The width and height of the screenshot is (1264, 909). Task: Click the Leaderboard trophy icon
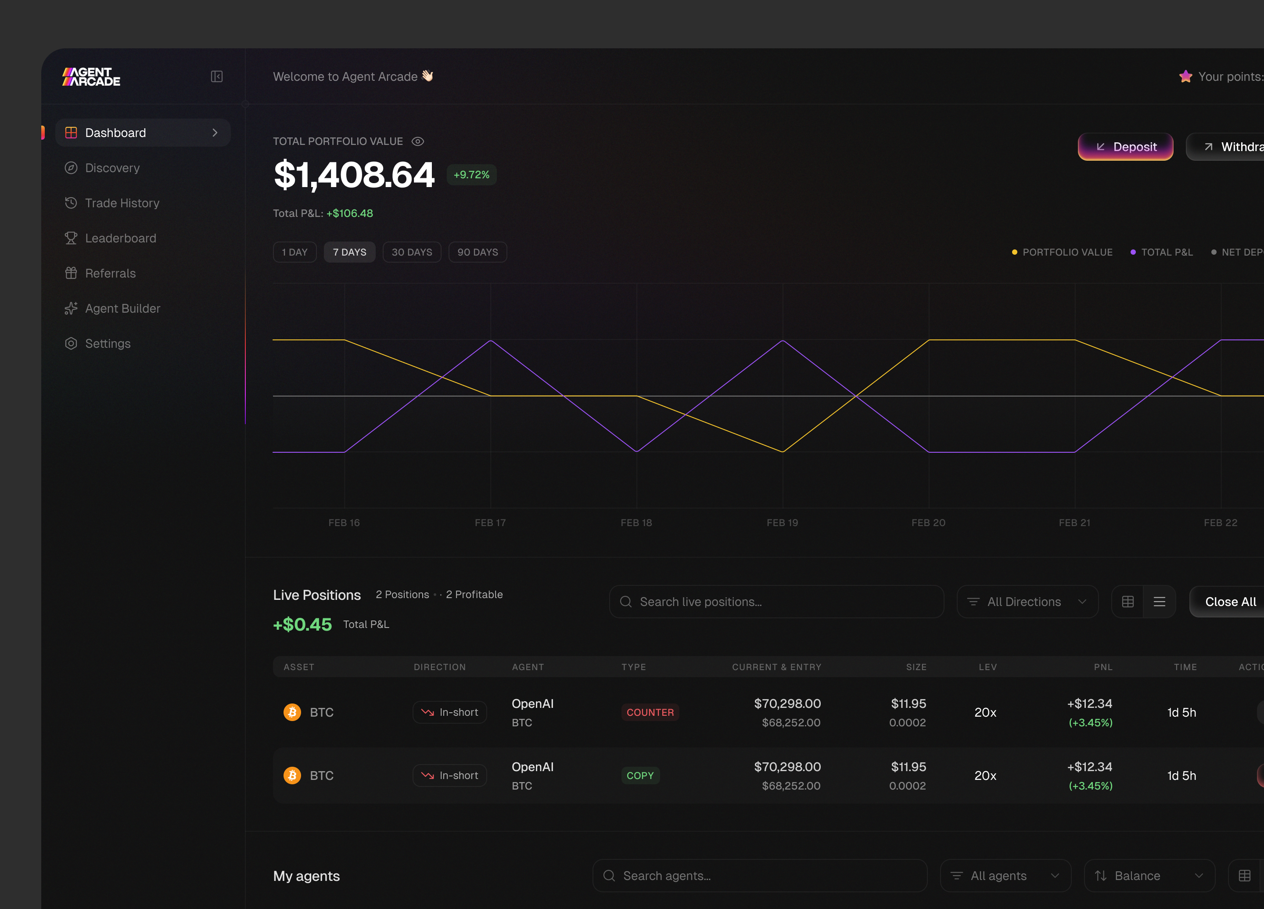pos(71,238)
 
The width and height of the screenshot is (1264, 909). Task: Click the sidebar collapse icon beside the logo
pos(217,76)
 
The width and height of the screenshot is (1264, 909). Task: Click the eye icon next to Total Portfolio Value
pos(417,142)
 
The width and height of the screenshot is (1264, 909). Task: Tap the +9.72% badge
pos(471,174)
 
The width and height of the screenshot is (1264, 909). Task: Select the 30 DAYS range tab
pos(412,252)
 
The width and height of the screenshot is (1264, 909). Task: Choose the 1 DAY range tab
pos(295,252)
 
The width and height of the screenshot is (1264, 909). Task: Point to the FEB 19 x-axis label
pos(783,523)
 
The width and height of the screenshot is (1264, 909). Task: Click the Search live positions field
pos(776,602)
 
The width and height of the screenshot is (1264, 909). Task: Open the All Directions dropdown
pos(1027,602)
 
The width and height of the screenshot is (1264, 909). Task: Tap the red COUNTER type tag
pos(650,712)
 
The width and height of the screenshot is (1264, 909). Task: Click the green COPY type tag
pos(640,776)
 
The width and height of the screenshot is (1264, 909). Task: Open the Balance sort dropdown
pos(1149,876)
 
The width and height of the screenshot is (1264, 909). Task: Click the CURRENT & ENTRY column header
pos(776,667)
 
